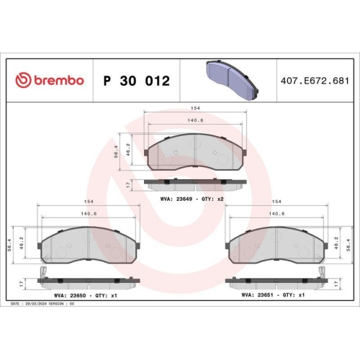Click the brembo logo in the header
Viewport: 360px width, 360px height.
click(x=50, y=80)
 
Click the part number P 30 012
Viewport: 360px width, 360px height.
click(x=137, y=81)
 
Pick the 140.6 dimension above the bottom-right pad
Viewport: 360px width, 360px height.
click(x=276, y=214)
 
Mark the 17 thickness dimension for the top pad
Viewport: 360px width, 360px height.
click(x=127, y=184)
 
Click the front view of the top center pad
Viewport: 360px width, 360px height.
click(x=195, y=152)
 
